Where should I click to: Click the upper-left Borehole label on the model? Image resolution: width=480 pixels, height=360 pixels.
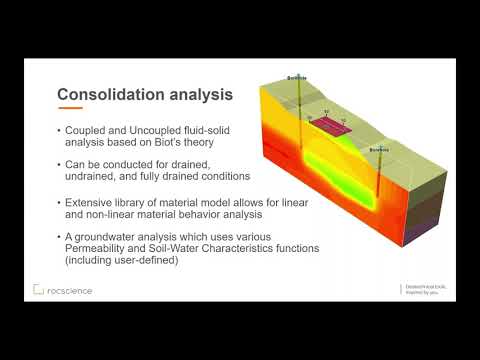[297, 77]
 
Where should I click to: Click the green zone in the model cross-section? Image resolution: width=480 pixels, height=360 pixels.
[330, 165]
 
